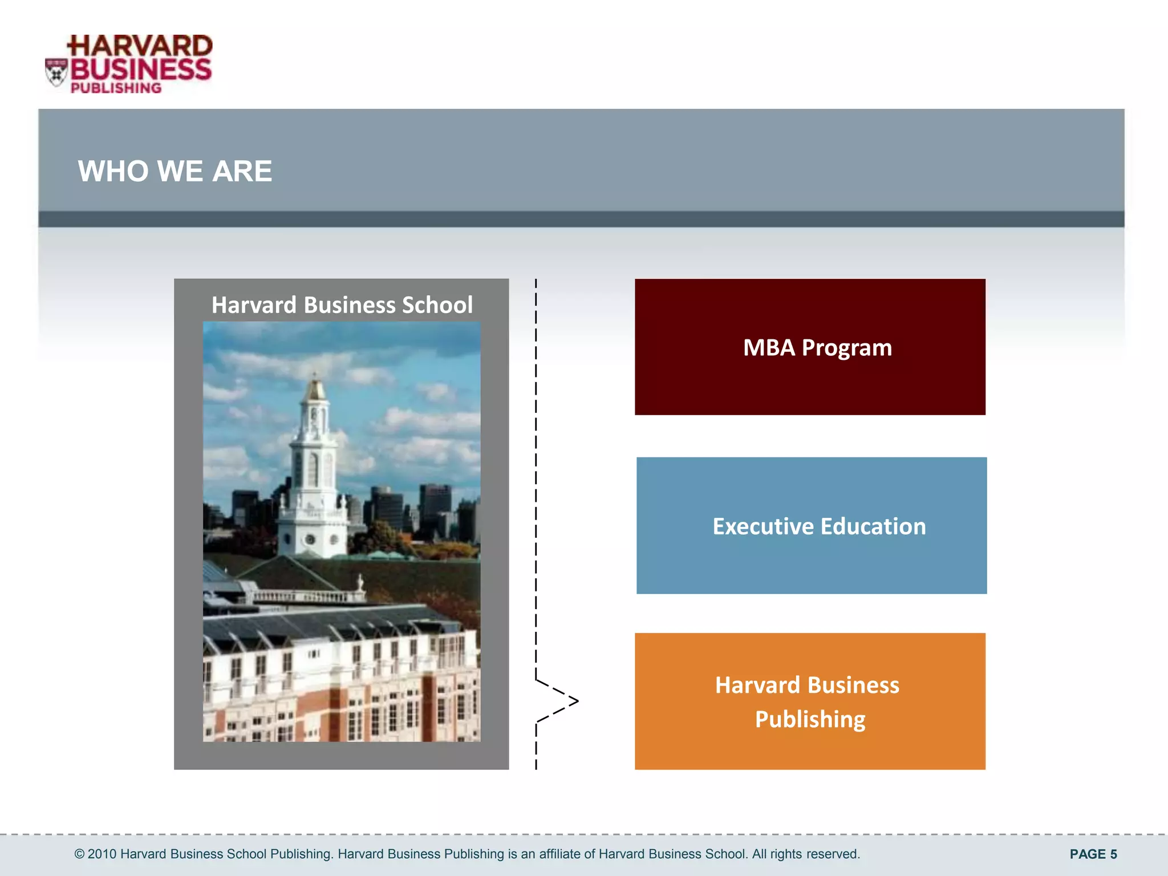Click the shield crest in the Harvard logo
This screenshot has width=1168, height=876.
click(56, 72)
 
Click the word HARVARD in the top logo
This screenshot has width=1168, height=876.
click(140, 46)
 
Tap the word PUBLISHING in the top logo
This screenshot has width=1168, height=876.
click(116, 88)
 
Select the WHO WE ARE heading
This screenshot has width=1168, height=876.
click(175, 171)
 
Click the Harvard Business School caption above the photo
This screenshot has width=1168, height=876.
click(342, 305)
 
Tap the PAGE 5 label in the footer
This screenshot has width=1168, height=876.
click(1093, 854)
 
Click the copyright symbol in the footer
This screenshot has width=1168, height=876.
click(79, 854)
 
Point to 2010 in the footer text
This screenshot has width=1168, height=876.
click(102, 854)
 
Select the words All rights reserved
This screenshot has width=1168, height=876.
click(805, 854)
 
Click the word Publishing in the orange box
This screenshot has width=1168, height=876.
click(810, 719)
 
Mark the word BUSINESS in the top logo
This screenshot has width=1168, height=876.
click(141, 70)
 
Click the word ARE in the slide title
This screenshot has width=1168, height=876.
click(242, 171)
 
